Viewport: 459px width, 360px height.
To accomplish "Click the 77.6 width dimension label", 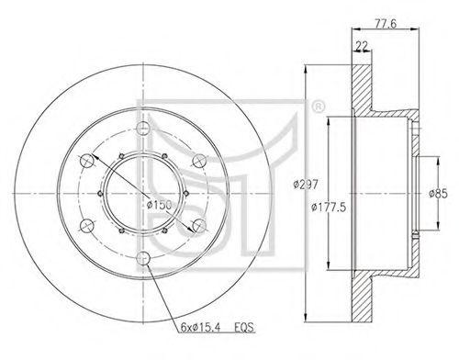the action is (x=385, y=23).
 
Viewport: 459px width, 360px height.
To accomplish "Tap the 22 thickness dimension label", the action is (x=362, y=46).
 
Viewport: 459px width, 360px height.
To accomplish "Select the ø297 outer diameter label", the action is (x=306, y=185).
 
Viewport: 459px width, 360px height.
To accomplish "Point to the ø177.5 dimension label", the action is (x=329, y=208).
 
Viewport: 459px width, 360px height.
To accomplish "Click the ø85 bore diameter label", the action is (x=438, y=194).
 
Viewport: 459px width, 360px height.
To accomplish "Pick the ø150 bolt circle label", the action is (x=159, y=205).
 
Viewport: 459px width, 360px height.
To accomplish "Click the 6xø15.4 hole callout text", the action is (x=200, y=328).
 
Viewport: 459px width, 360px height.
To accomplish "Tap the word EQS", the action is (x=244, y=328).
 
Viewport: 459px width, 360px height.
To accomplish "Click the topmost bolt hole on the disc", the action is (x=143, y=128).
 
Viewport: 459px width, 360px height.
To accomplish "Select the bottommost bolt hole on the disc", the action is (x=143, y=258).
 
